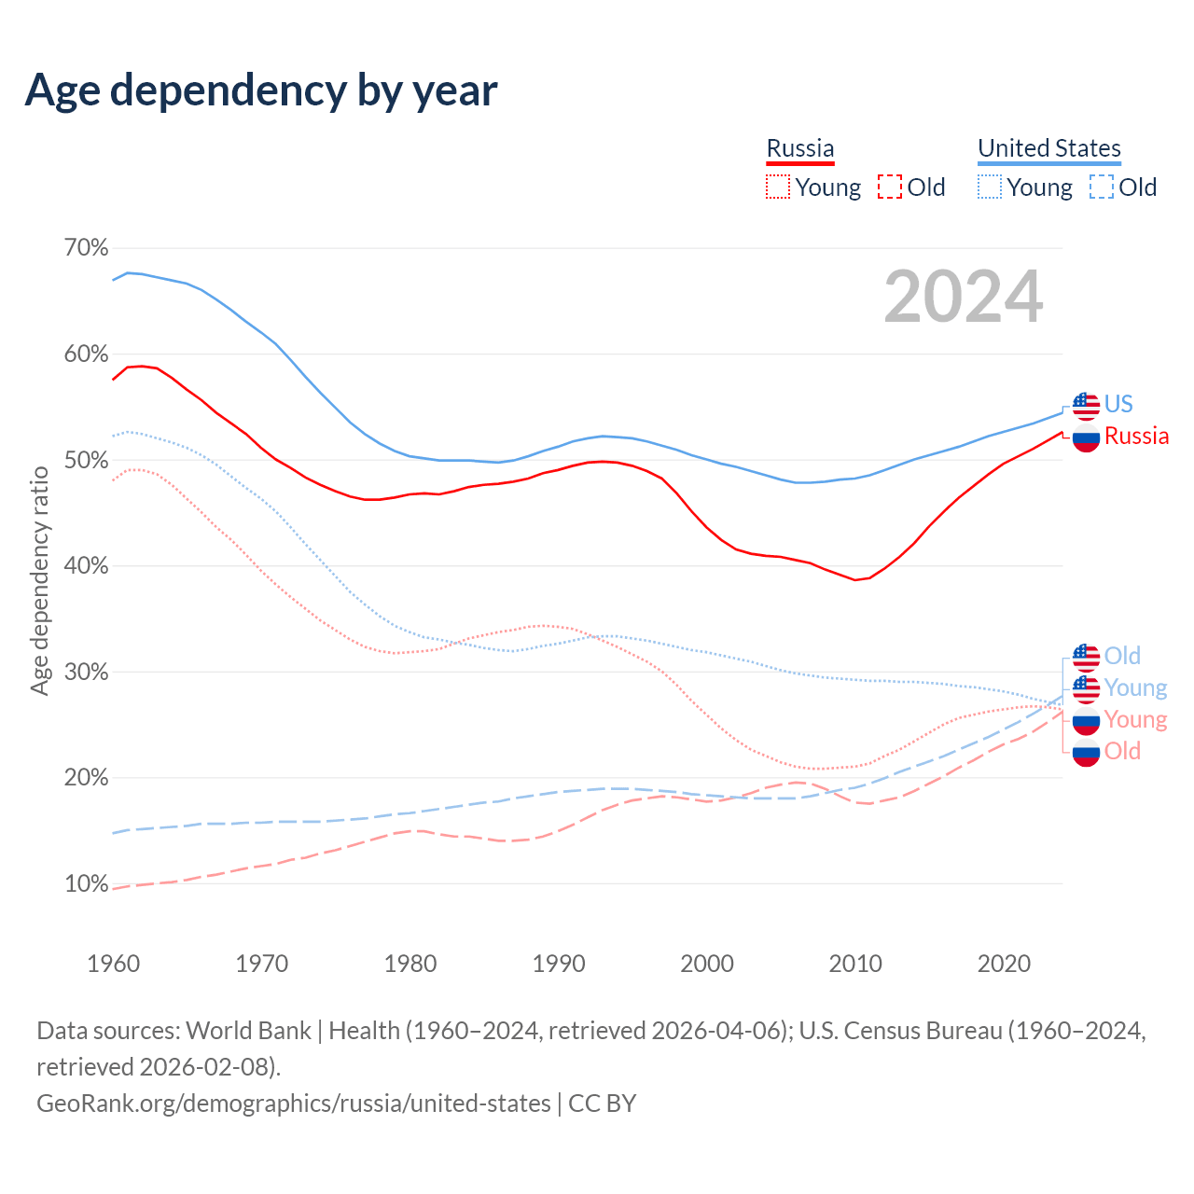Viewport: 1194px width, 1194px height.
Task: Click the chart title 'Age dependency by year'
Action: point(261,90)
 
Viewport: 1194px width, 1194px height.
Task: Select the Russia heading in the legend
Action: point(799,148)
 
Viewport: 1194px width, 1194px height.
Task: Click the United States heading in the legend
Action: point(1048,148)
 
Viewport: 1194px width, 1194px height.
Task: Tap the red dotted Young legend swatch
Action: point(777,187)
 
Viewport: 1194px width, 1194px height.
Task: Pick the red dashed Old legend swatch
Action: point(890,187)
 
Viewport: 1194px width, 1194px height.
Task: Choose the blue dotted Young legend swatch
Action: point(989,187)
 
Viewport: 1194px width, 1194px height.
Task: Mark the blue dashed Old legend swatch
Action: point(1102,187)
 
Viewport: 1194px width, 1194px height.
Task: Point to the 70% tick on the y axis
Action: point(86,248)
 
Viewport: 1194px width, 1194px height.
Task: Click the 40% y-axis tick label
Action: point(86,566)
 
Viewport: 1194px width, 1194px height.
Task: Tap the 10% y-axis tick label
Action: point(86,883)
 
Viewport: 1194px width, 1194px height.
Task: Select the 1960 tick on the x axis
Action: point(114,963)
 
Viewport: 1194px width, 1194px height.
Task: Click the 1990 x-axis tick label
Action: point(559,963)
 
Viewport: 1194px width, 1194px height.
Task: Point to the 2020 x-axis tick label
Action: point(1004,963)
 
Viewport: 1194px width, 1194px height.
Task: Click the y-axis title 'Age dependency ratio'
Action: point(39,580)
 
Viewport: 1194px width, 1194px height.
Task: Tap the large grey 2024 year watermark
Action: point(963,297)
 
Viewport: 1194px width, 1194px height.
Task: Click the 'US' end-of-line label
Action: point(1118,404)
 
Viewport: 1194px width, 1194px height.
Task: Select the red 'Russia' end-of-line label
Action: point(1136,436)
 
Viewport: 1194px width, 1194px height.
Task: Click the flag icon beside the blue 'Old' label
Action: point(1086,657)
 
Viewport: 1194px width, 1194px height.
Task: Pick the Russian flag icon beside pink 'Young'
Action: point(1086,720)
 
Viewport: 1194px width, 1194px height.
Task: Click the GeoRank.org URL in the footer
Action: point(294,1104)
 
